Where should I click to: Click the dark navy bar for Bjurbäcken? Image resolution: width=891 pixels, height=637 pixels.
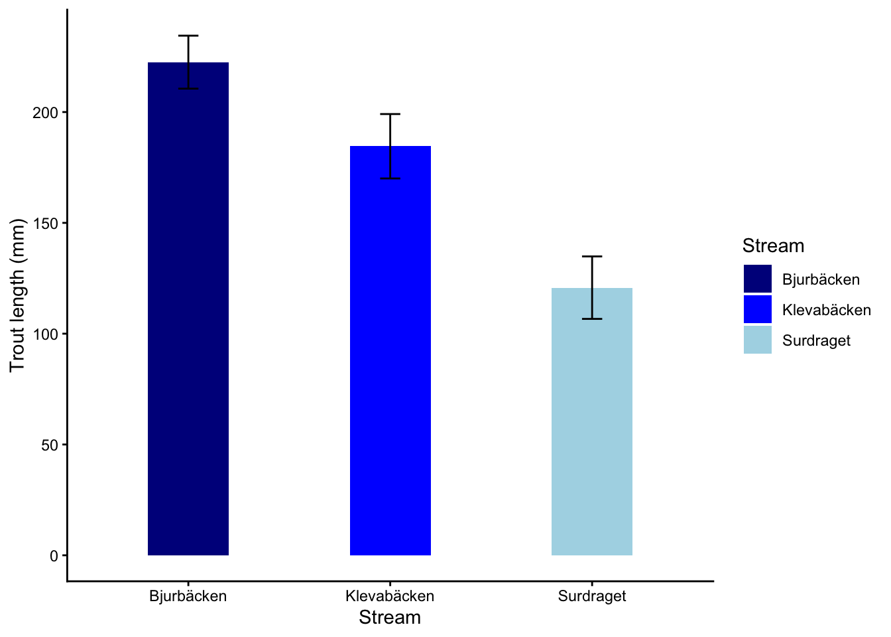(x=188, y=309)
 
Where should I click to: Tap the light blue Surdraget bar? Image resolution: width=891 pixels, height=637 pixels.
(x=592, y=421)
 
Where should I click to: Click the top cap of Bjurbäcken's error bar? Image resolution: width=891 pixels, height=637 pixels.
(x=188, y=36)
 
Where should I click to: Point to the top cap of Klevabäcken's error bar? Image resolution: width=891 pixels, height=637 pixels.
(x=390, y=114)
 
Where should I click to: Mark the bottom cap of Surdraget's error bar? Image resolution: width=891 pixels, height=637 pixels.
(x=592, y=319)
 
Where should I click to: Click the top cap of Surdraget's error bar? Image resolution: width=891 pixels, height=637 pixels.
(x=592, y=256)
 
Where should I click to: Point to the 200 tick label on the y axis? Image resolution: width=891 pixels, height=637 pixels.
(x=46, y=113)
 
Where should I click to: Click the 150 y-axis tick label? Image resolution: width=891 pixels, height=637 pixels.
(x=46, y=224)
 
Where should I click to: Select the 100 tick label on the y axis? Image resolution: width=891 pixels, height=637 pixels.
(x=46, y=334)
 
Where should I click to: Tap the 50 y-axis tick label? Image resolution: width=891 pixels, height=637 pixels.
(x=50, y=445)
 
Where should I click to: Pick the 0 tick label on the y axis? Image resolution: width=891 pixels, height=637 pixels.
(x=54, y=556)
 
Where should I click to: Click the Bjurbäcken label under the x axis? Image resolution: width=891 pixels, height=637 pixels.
(x=188, y=596)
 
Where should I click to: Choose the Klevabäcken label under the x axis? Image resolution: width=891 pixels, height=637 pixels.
(x=390, y=596)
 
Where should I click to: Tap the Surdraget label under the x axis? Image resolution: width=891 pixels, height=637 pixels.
(x=592, y=596)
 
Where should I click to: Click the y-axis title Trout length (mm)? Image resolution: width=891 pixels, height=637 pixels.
(x=17, y=295)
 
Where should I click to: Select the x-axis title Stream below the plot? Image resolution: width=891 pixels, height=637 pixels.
(x=390, y=618)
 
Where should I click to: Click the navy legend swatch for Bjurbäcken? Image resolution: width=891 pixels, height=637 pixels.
(x=758, y=279)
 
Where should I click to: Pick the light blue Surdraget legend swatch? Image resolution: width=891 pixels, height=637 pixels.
(x=758, y=340)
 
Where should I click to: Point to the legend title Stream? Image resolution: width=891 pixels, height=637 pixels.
(x=773, y=246)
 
